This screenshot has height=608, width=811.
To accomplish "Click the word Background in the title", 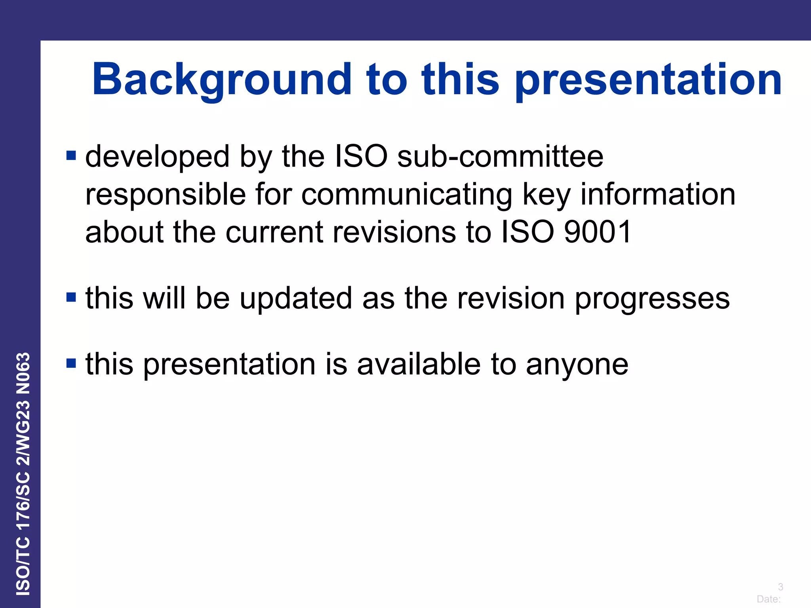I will pos(222,80).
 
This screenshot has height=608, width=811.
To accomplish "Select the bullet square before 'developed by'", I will pos(71,155).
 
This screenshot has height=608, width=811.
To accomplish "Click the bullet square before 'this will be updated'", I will pos(71,297).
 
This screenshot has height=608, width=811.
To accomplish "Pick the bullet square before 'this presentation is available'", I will pos(71,363).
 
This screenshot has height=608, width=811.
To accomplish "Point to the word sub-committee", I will pos(500,156).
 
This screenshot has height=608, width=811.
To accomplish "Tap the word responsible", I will pos(166,195).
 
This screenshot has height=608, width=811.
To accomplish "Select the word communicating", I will pos(407,195).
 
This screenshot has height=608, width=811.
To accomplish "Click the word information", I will pos(658,194).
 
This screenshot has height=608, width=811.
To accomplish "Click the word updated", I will pos(296,298).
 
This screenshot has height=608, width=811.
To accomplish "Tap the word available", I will pos(419,364).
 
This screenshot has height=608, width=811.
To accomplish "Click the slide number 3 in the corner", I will pos(780,587).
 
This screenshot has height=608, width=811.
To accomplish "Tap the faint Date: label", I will pos(769,599).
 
